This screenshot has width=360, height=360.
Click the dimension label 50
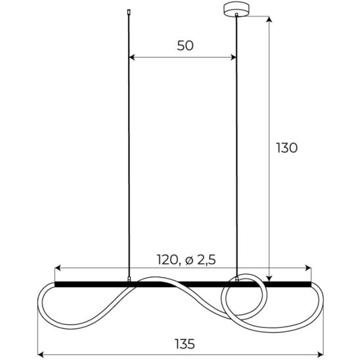[x=185, y=45]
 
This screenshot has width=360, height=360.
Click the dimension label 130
[x=286, y=148]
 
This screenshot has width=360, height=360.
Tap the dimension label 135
[x=185, y=344]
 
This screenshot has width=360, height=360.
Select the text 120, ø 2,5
[x=186, y=260]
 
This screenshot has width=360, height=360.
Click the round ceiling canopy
[x=236, y=9]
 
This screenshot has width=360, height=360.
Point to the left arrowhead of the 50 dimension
[x=131, y=57]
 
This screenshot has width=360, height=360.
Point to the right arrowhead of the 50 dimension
[x=233, y=57]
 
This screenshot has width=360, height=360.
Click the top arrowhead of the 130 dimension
[x=269, y=19]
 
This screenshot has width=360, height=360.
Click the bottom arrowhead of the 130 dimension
[x=269, y=279]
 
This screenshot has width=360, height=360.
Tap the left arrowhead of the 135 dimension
[x=41, y=355]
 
